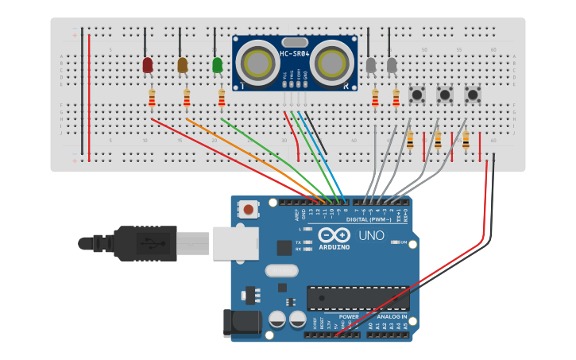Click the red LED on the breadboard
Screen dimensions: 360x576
point(148,65)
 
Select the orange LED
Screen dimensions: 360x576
point(183,65)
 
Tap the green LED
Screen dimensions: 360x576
point(218,65)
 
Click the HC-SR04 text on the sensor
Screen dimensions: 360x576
point(295,54)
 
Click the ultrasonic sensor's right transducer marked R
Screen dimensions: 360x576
point(330,63)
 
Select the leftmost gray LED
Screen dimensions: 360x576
point(371,65)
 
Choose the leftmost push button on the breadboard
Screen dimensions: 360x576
point(416,95)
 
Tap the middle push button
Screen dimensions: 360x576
point(445,95)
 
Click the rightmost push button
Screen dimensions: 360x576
point(473,95)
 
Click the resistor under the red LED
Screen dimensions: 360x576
point(152,98)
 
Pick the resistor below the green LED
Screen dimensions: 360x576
point(222,98)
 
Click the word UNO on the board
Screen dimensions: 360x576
point(372,236)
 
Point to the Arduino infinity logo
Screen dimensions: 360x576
point(334,235)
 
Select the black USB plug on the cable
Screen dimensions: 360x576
point(143,243)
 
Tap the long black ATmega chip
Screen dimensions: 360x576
point(358,297)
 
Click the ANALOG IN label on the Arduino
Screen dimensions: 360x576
point(387,316)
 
